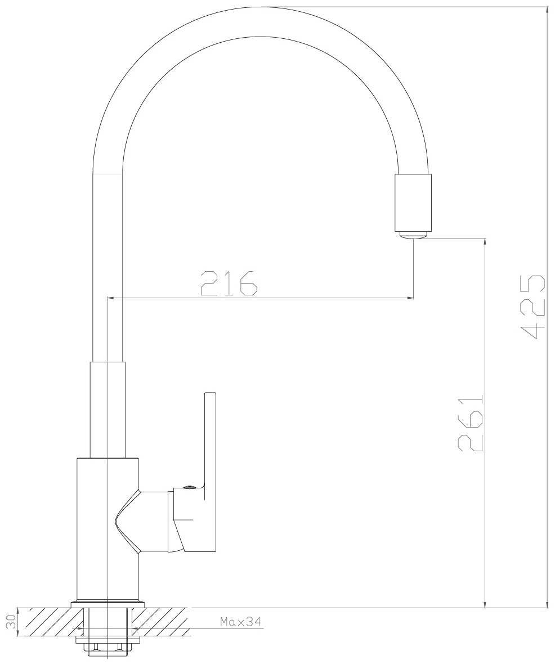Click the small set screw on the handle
coord(189,488)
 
